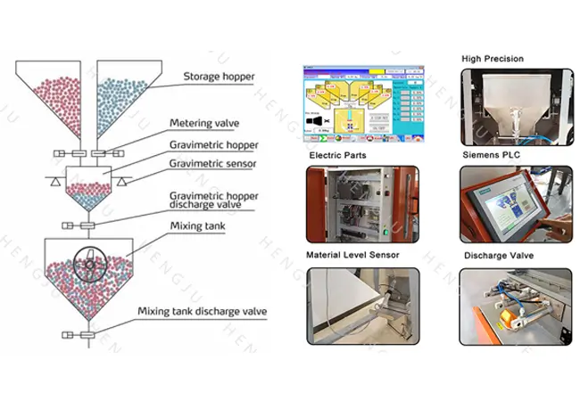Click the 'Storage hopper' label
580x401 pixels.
coord(220,77)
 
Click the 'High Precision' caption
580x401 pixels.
coord(493,59)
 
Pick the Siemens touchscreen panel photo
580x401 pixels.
coord(514,205)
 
